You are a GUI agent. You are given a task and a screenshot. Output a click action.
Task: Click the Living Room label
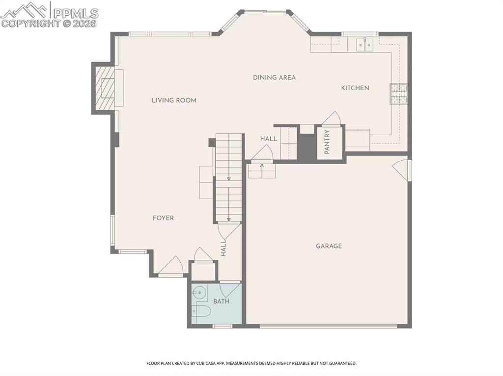pyautogui.click(x=174, y=100)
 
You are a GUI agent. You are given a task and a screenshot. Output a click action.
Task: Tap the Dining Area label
pyautogui.click(x=274, y=77)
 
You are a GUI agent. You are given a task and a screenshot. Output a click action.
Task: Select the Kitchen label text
pyautogui.click(x=355, y=88)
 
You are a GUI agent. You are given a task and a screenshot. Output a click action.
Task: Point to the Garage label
pyautogui.click(x=329, y=246)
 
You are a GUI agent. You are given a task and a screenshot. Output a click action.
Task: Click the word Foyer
pyautogui.click(x=163, y=218)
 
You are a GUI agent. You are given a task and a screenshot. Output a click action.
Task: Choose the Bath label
pyautogui.click(x=221, y=301)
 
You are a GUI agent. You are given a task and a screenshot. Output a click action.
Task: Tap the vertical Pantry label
pyautogui.click(x=327, y=142)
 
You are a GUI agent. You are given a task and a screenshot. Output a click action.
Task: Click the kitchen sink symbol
pyautogui.click(x=365, y=45)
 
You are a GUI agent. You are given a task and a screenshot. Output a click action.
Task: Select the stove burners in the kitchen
pyautogui.click(x=398, y=94)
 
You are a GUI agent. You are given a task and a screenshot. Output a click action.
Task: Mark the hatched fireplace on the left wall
pyautogui.click(x=104, y=88)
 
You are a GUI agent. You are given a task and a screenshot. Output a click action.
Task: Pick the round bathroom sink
pyautogui.click(x=199, y=294)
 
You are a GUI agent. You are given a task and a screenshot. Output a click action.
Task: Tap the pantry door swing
pyautogui.click(x=332, y=119)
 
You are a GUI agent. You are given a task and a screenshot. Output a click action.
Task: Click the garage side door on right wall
pyautogui.click(x=401, y=169)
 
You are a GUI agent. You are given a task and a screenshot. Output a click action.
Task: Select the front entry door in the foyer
pyautogui.click(x=171, y=267)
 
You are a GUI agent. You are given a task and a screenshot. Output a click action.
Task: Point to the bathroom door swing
pyautogui.click(x=229, y=289)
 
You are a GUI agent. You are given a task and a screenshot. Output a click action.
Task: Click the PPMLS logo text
pyautogui.click(x=75, y=13)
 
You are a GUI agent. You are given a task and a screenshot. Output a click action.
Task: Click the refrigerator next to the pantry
pyautogui.click(x=358, y=140)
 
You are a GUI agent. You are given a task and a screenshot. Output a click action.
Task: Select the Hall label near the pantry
pyautogui.click(x=269, y=139)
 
